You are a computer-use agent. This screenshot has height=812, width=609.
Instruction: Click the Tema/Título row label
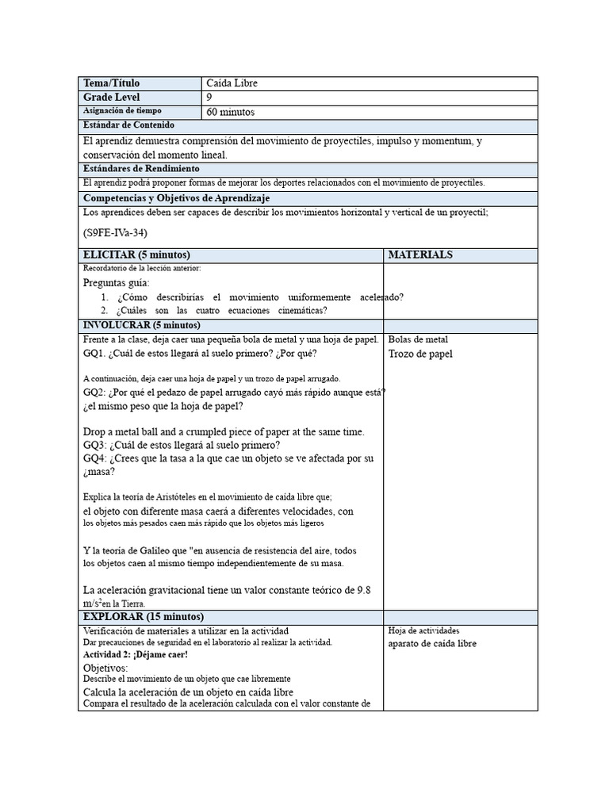tap(111, 83)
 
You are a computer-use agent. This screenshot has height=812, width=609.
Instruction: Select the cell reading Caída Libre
tap(232, 83)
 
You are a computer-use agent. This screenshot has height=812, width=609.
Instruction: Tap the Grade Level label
tap(111, 97)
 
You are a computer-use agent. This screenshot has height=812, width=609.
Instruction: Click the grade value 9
tap(209, 97)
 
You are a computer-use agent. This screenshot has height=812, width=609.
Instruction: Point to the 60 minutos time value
tap(231, 112)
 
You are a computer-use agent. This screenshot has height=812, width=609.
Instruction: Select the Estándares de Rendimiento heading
tap(141, 169)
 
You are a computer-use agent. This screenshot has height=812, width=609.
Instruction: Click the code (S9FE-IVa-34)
tap(115, 233)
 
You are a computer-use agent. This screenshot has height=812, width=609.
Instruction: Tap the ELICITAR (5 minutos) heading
tap(136, 255)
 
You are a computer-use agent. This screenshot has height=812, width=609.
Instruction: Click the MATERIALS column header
tap(420, 255)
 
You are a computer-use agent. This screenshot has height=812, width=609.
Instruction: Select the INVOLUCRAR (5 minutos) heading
tap(142, 325)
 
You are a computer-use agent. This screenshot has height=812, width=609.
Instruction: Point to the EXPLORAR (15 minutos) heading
tap(144, 616)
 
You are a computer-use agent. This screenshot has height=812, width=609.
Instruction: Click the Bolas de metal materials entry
tap(418, 339)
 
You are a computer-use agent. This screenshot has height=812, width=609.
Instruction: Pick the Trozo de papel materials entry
tap(420, 354)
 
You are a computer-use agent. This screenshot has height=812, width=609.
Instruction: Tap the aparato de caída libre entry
tap(432, 644)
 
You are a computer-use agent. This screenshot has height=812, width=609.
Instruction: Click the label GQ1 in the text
tap(94, 354)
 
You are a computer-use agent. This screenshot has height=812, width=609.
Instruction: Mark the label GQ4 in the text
tap(94, 458)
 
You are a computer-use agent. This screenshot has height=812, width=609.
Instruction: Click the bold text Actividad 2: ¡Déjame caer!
tap(135, 655)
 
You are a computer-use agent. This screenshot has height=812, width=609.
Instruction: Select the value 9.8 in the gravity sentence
tap(363, 590)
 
